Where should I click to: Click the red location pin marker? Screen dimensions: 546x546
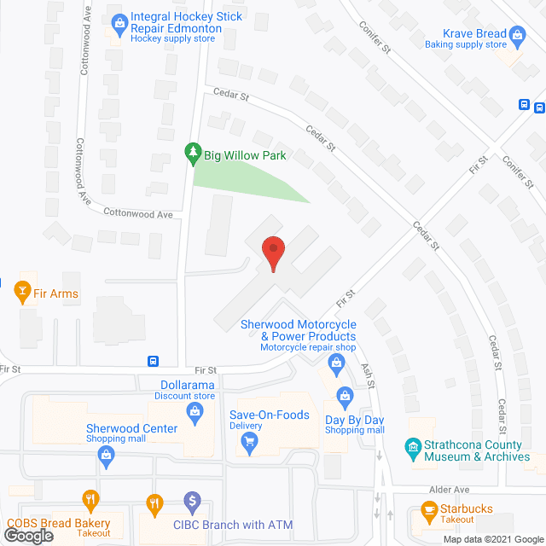(272, 253)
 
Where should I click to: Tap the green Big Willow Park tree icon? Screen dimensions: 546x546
(193, 154)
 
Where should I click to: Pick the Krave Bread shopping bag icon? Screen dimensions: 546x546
(518, 36)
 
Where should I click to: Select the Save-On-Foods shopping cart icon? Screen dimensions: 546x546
(249, 440)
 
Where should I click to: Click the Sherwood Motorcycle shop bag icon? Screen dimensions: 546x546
(336, 366)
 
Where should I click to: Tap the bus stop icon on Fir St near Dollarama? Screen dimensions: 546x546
(153, 361)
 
